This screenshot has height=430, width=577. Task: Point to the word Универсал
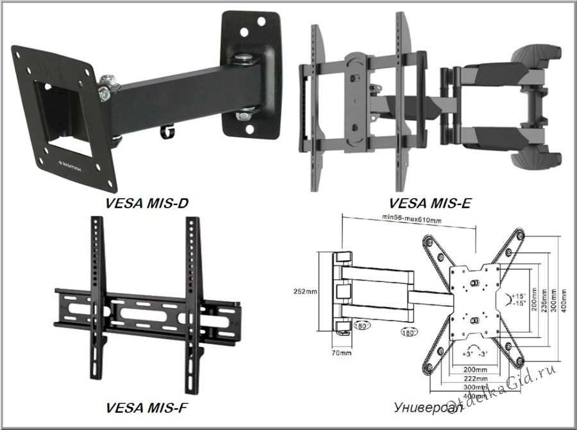tap(421, 407)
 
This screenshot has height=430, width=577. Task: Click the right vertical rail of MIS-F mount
tap(192, 301)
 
